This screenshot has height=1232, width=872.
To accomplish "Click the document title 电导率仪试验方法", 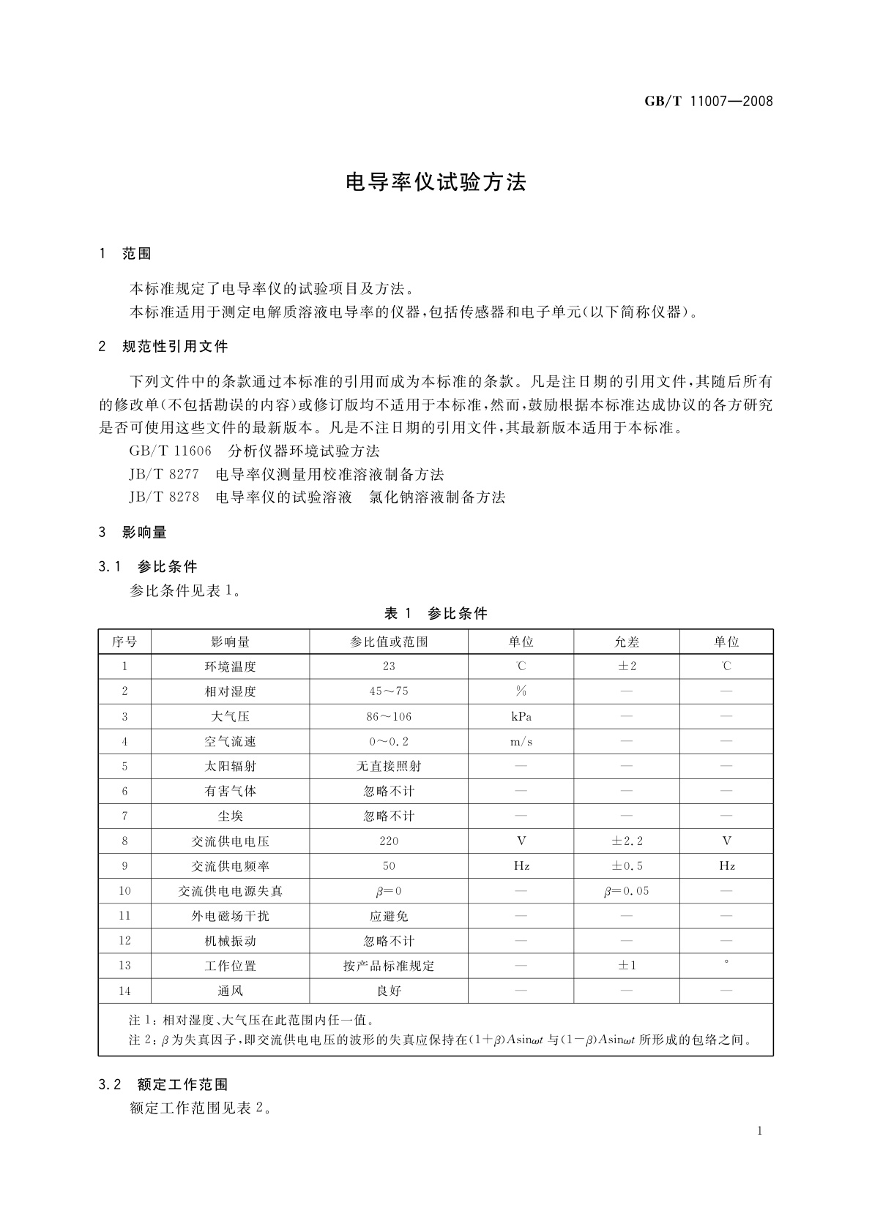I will pyautogui.click(x=436, y=182).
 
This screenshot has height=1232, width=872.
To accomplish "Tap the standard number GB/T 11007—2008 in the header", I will pyautogui.click(x=708, y=101).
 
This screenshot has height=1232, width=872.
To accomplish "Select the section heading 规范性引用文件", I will pyautogui.click(x=175, y=347).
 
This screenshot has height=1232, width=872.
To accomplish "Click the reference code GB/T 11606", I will pyautogui.click(x=170, y=451).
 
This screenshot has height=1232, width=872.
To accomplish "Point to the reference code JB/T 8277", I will pyautogui.click(x=164, y=474).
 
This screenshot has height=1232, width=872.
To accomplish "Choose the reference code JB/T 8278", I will pyautogui.click(x=164, y=497).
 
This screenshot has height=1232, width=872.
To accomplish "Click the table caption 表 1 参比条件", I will pyautogui.click(x=436, y=614).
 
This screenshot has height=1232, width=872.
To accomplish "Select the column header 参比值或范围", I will pyautogui.click(x=389, y=642).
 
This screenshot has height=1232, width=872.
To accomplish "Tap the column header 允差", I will pyautogui.click(x=627, y=642).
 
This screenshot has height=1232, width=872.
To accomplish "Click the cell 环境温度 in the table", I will pyautogui.click(x=230, y=666).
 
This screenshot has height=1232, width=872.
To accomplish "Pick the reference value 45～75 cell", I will pyautogui.click(x=389, y=691).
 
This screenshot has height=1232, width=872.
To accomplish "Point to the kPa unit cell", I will pyautogui.click(x=521, y=716).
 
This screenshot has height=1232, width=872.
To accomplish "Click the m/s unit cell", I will pyautogui.click(x=521, y=741).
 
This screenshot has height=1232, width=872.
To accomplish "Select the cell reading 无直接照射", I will pyautogui.click(x=389, y=766).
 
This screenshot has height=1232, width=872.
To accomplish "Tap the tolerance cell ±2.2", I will pyautogui.click(x=627, y=841).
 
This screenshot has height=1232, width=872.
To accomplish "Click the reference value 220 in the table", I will pyautogui.click(x=389, y=841).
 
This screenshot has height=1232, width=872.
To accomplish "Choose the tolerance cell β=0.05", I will pyautogui.click(x=627, y=891).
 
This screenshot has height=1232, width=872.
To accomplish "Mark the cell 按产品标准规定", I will pyautogui.click(x=389, y=966).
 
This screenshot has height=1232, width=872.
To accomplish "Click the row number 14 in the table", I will pyautogui.click(x=124, y=991).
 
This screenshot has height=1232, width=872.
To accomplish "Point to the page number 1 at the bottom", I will pyautogui.click(x=760, y=1131).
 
